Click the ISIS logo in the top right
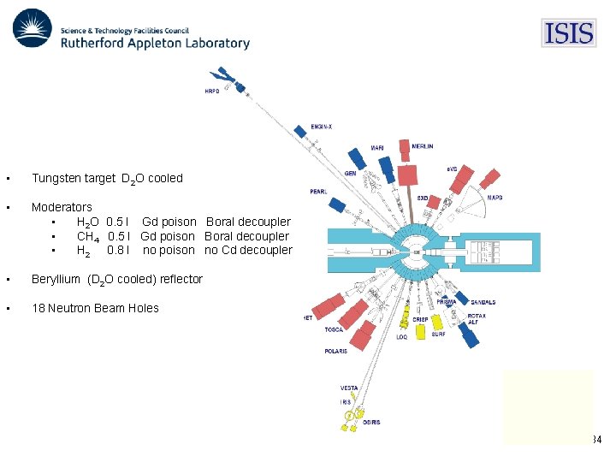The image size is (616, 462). click(568, 33)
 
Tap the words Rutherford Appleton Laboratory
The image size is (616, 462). click(155, 43)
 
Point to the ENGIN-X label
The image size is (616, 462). click(322, 127)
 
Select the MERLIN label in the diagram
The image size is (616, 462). click(422, 146)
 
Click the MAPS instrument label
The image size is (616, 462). click(495, 198)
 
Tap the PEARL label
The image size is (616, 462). click(318, 192)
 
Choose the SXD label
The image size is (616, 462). click(423, 198)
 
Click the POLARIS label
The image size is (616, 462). click(335, 351)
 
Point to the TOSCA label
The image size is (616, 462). click(335, 329)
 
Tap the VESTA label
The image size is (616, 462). click(349, 388)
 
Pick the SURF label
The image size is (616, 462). click(438, 335)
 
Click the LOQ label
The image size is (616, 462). click(402, 337)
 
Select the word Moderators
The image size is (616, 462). click(62, 207)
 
